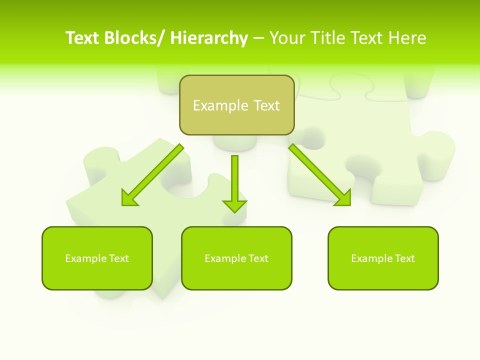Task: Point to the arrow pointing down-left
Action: pyautogui.click(x=152, y=175)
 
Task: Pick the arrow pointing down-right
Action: pyautogui.click(x=320, y=175)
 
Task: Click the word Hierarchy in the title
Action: pyautogui.click(x=209, y=38)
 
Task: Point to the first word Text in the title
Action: pyautogui.click(x=82, y=38)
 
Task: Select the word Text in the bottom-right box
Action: pyautogui.click(x=404, y=258)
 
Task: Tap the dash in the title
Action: pyautogui.click(x=258, y=38)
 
